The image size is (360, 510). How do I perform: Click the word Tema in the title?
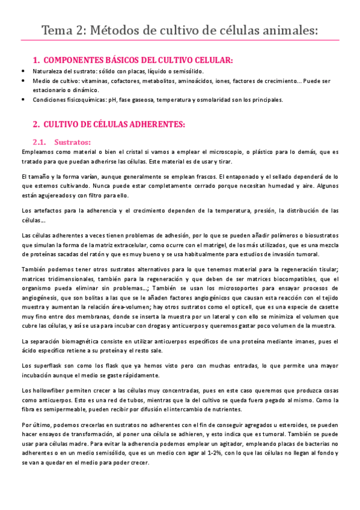pyautogui.click(x=58, y=30)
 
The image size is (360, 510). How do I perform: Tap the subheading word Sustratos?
pyautogui.click(x=72, y=143)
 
